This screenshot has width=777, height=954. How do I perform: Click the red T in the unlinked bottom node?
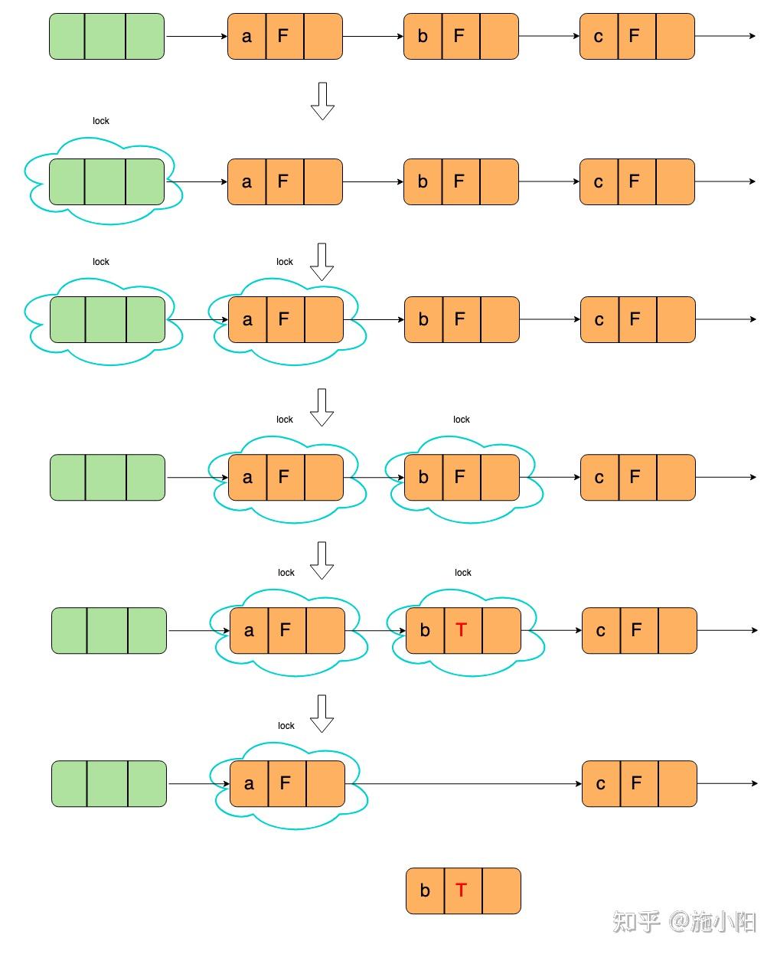[461, 890]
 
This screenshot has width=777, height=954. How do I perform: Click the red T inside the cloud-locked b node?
[461, 630]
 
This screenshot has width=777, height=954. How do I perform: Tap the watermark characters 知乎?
[636, 921]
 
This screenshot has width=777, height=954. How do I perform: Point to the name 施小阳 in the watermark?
[724, 921]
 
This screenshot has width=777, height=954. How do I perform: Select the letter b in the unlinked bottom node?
[425, 890]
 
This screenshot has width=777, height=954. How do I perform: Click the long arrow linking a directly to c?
[463, 783]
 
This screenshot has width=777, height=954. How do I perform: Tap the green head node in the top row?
[106, 36]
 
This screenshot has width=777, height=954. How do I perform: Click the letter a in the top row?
[246, 36]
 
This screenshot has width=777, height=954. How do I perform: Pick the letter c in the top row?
[598, 36]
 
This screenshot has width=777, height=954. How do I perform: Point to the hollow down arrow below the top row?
[322, 100]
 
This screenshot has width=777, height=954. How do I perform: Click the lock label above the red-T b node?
[462, 573]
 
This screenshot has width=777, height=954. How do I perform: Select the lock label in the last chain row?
[286, 726]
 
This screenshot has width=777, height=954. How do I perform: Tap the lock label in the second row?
[100, 121]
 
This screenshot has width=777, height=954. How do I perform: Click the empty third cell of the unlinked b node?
[501, 890]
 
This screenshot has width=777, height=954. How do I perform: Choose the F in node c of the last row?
[636, 783]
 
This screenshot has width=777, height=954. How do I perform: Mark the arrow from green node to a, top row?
[196, 36]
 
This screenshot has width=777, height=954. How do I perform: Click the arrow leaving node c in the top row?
[725, 36]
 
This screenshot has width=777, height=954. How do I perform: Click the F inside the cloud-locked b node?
[459, 477]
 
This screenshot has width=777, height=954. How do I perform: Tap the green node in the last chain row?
[109, 783]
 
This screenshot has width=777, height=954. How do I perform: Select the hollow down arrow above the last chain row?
[322, 713]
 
